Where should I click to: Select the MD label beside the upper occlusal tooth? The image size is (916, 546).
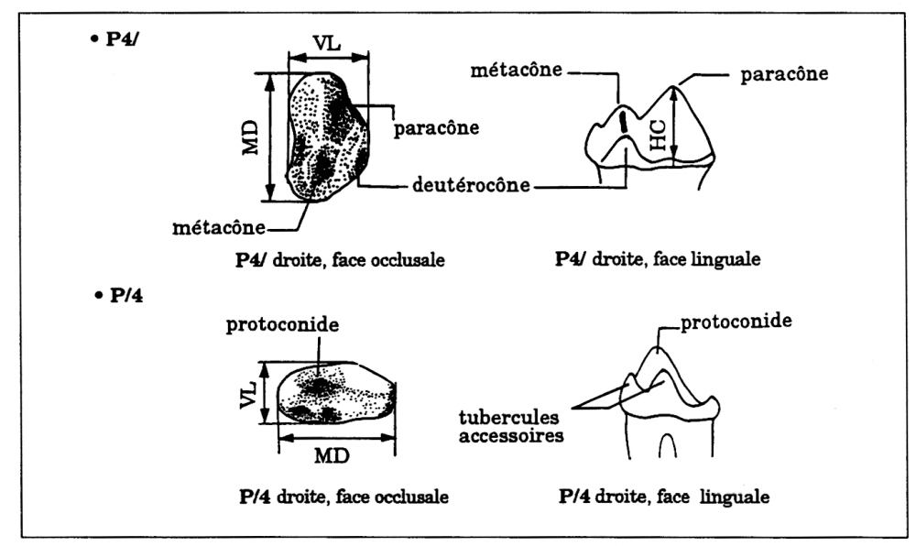coord(250,136)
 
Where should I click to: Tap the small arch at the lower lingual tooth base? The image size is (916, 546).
coord(669,443)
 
